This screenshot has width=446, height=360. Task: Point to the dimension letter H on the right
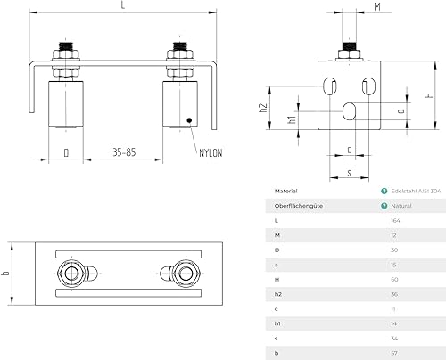pyautogui.click(x=429, y=95)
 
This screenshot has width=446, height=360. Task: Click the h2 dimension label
pyautogui.click(x=264, y=108)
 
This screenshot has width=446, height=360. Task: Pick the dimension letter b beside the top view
pyautogui.click(x=8, y=272)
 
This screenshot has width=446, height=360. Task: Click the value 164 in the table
pyautogui.click(x=396, y=219)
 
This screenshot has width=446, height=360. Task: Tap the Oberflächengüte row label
pyautogui.click(x=299, y=205)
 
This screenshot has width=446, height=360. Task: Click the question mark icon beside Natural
pyautogui.click(x=384, y=205)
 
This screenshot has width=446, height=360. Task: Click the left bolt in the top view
pyautogui.click(x=70, y=273)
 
